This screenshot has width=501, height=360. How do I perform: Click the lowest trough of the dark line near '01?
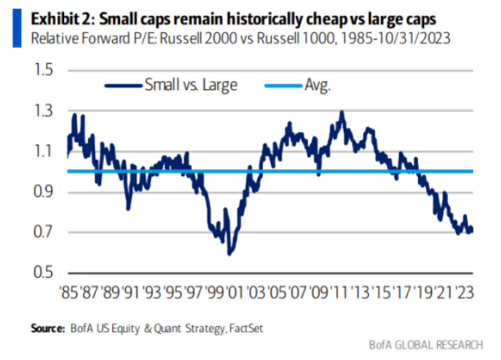[230, 253]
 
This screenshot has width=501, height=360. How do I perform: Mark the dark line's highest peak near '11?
[341, 112]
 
